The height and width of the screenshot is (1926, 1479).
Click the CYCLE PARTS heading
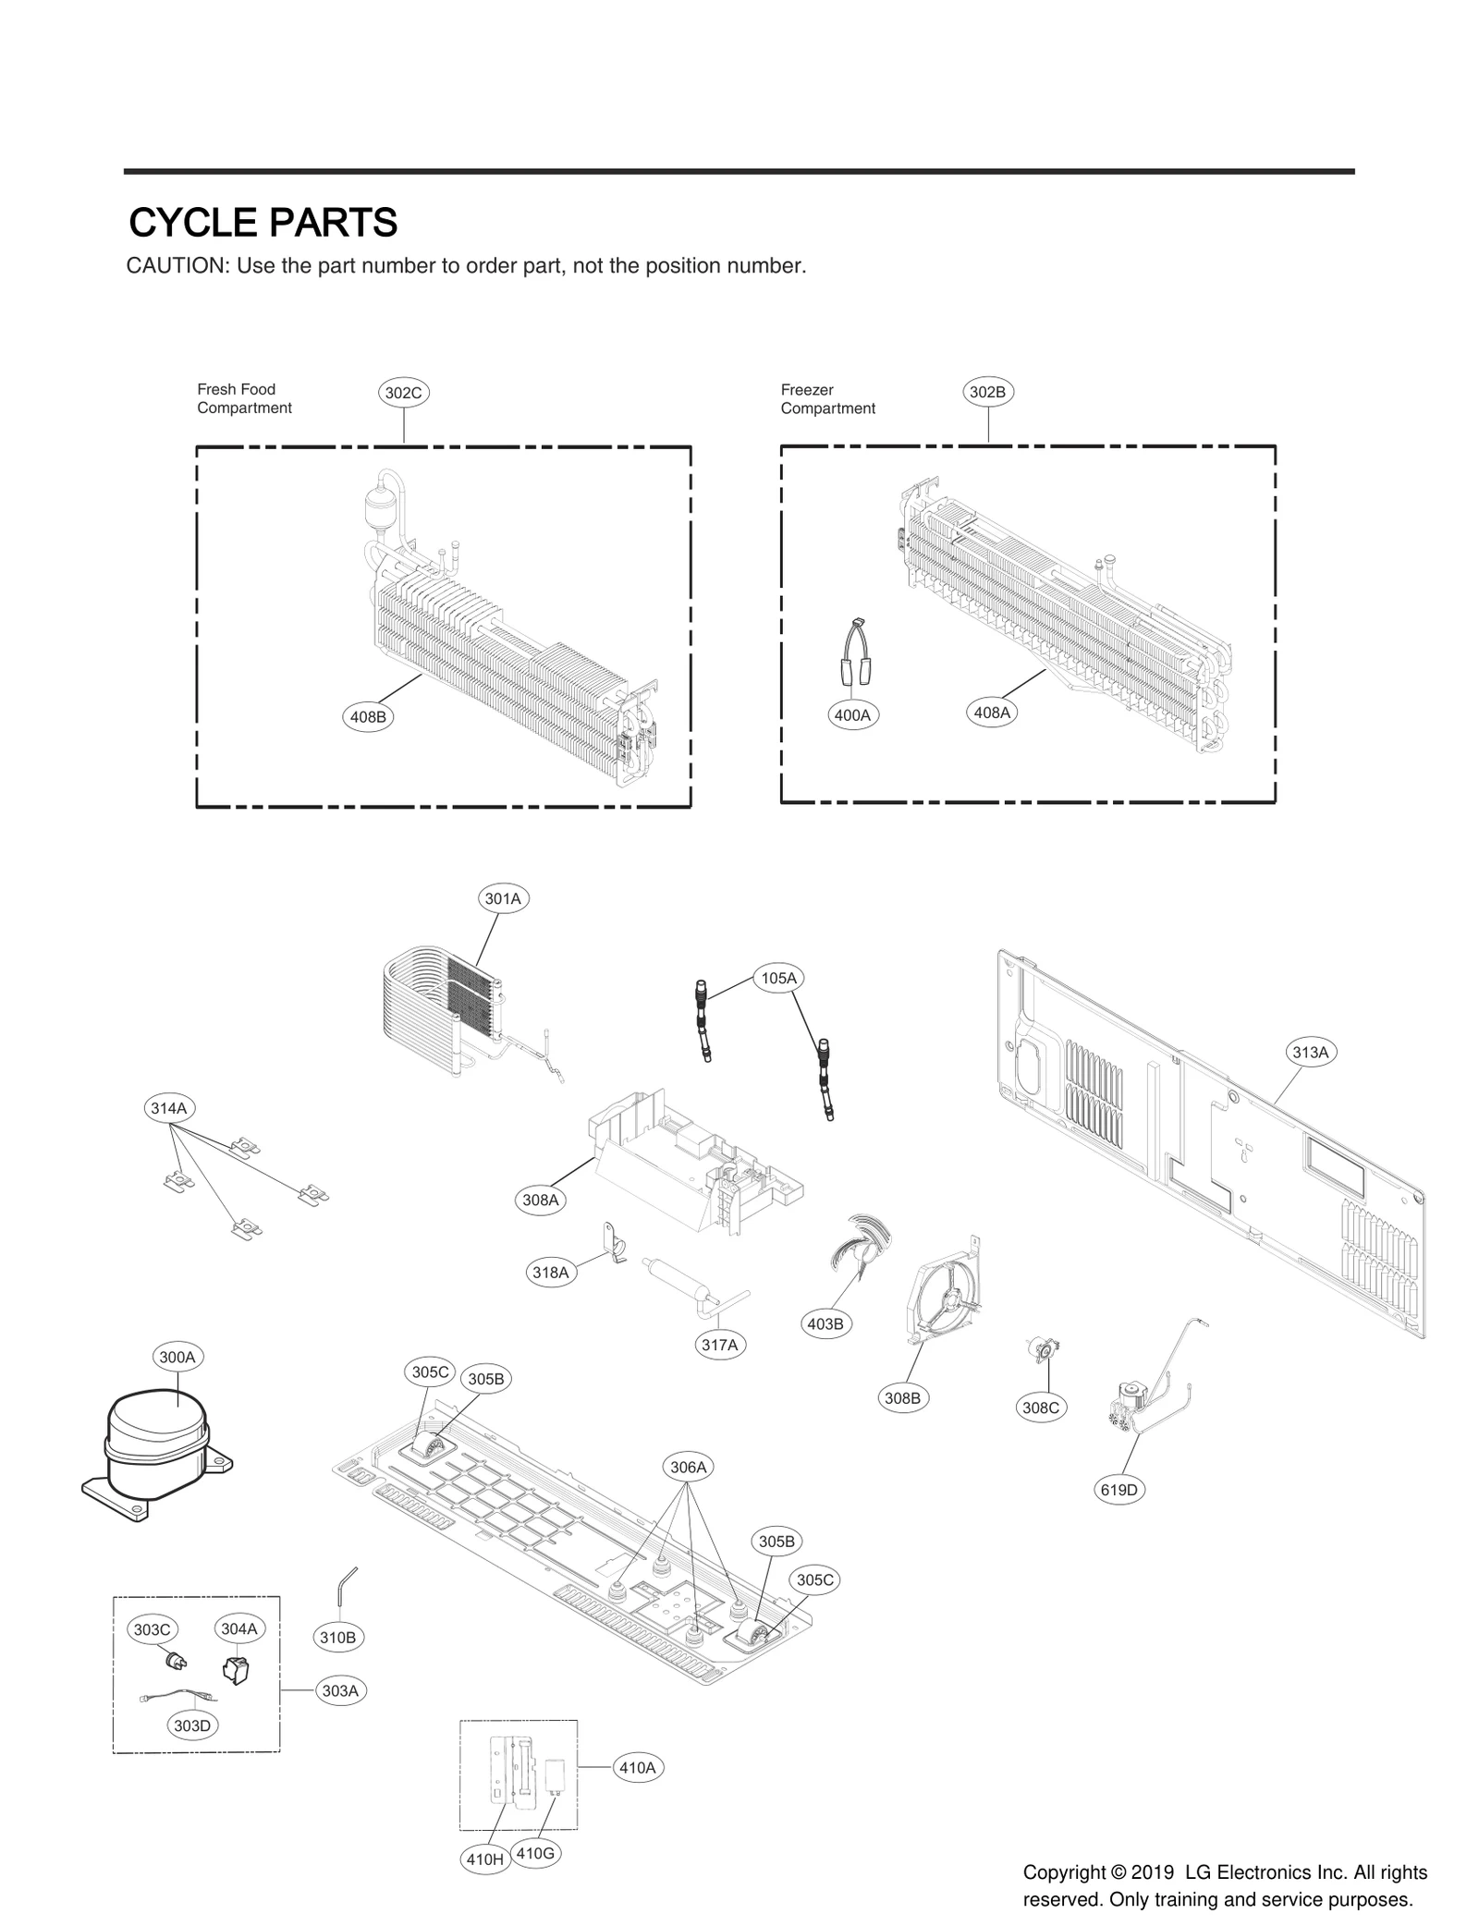point(263,223)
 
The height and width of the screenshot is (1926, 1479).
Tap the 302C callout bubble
point(403,393)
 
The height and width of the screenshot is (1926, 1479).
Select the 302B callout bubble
point(987,392)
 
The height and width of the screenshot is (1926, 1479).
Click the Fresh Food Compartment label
point(244,398)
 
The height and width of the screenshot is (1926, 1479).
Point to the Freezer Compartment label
point(827,399)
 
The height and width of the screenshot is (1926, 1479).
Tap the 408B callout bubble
point(368,716)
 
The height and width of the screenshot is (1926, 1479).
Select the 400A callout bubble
point(852,714)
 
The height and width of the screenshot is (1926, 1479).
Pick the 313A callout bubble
point(1310,1052)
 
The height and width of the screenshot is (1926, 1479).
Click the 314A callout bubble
point(169,1108)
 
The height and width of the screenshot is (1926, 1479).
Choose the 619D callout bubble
point(1118,1490)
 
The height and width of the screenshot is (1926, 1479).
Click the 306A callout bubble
point(688,1467)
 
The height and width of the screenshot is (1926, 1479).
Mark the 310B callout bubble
point(337,1638)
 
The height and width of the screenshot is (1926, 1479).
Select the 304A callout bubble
point(238,1628)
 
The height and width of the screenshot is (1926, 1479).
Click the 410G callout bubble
point(535,1853)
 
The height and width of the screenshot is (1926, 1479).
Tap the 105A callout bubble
point(778,978)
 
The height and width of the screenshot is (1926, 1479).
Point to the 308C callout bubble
point(1040,1408)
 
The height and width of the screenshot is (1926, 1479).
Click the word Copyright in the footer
point(1064,1873)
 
